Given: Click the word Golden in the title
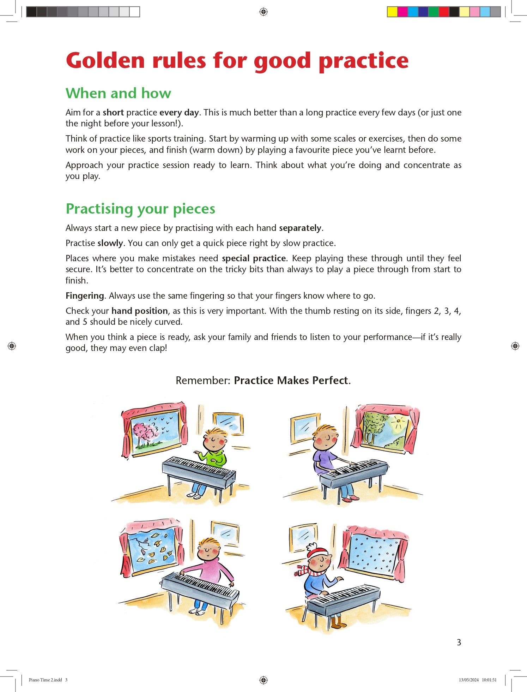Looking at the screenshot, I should point(105,60).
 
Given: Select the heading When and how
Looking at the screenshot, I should point(118,93).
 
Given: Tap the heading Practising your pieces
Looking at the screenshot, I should point(140,209).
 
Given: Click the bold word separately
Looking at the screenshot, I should point(300,228).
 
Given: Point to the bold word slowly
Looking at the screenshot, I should point(110,243).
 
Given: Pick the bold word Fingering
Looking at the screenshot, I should point(85,296).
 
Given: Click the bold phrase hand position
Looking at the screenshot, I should point(140,311).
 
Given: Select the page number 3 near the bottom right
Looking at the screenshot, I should point(459,642).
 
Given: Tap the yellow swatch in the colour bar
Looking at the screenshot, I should point(392,12).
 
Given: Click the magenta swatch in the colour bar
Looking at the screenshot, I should point(402,12).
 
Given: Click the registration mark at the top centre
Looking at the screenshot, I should point(263,12).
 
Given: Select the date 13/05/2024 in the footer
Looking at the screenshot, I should point(468,680).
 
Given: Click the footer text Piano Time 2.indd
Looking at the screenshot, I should point(46,680).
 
